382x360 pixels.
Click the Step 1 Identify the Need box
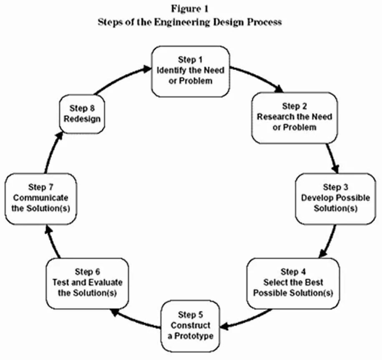190,71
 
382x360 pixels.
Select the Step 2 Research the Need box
294,117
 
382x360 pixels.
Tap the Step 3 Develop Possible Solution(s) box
335,198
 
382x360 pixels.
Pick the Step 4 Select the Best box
293,283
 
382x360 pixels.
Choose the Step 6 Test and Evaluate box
87,283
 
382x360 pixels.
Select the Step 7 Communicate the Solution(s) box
40,198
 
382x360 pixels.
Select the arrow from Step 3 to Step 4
329,242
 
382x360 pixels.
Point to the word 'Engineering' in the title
189,22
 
